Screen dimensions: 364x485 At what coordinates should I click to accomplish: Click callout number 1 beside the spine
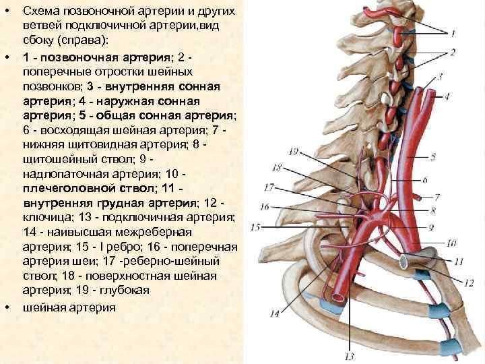[453, 32]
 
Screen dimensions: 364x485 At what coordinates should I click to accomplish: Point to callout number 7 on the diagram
[437, 198]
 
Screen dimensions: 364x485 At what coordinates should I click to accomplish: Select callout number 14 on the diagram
[274, 313]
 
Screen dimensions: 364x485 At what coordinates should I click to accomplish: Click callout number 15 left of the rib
[255, 227]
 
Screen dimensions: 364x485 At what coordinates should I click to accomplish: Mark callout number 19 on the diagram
[294, 151]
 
